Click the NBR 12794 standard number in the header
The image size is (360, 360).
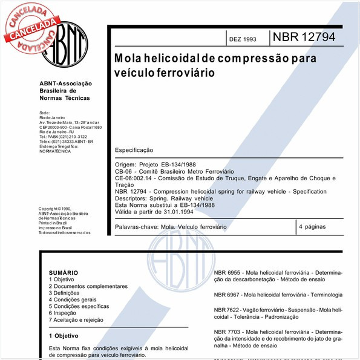pos(303,38)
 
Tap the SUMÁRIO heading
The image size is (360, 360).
pos(64,273)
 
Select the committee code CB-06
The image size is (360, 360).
pos(123,171)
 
